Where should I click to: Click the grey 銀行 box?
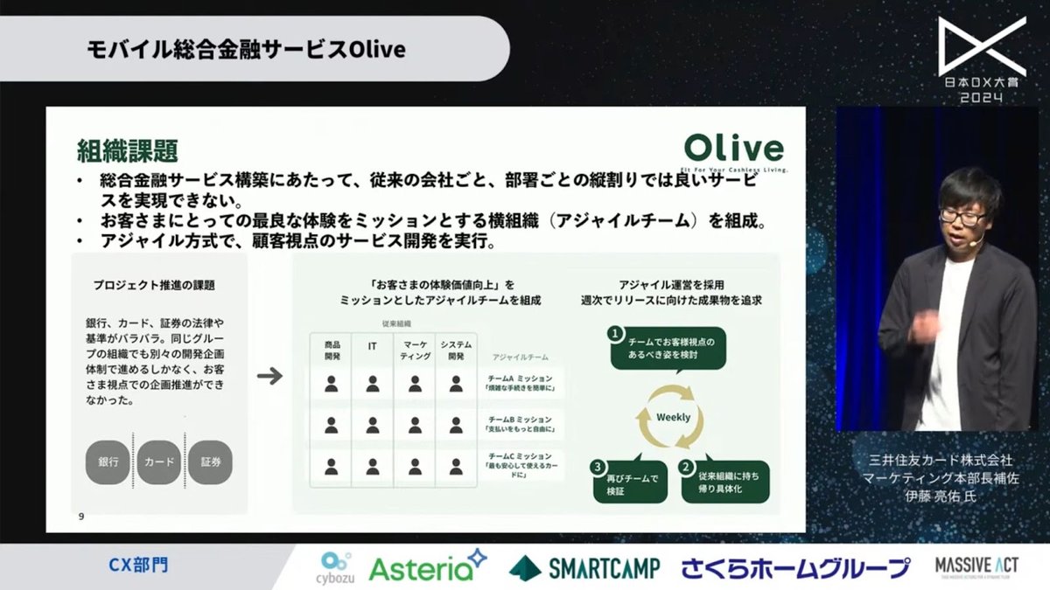[108, 462]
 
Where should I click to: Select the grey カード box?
[158, 462]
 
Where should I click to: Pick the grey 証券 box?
[211, 462]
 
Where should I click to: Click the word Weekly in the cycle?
[673, 417]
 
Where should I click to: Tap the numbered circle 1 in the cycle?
[615, 334]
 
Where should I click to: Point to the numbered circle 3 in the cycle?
[599, 466]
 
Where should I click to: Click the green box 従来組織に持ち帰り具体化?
[725, 482]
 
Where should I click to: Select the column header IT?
[372, 347]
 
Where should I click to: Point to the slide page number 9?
[80, 517]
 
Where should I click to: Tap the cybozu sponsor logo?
[333, 566]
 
